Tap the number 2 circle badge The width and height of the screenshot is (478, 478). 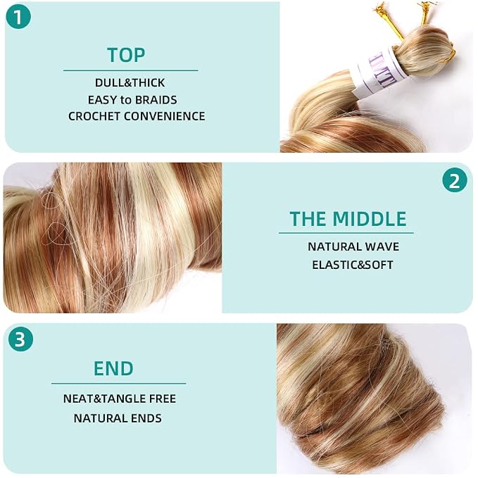455,180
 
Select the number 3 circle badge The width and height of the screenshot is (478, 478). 20,339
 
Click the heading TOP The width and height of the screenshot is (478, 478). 126,55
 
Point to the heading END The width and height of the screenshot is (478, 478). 113,368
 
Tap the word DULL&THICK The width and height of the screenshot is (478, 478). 130,82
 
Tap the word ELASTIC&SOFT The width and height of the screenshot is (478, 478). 353,265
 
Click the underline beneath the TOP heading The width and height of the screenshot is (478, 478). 130,70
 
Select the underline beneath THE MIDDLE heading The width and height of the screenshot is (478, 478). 346,233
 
